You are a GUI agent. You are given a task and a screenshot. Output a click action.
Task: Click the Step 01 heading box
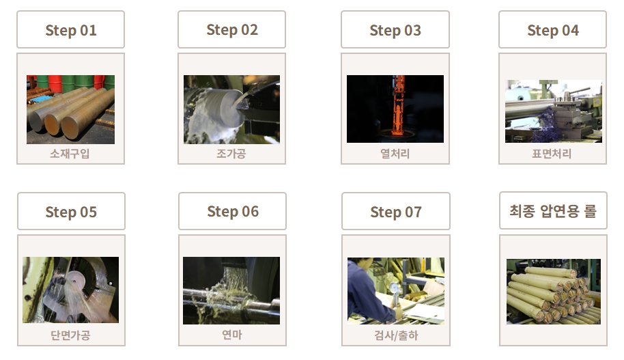[x=70, y=30]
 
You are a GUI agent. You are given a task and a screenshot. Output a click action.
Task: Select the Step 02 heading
[x=231, y=29]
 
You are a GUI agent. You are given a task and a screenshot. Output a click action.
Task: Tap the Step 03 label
[x=395, y=30]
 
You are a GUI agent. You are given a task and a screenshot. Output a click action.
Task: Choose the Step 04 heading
[x=553, y=30]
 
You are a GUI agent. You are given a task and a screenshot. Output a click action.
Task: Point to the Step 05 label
[x=71, y=212]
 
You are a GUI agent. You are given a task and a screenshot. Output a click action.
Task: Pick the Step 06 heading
[x=232, y=211]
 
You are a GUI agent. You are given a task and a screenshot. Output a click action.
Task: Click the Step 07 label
[x=395, y=212]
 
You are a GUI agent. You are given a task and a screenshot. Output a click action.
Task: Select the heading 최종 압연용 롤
[x=553, y=210]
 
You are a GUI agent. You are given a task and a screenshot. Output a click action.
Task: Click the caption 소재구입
[x=70, y=153]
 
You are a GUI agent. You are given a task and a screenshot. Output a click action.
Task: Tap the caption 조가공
[x=231, y=153]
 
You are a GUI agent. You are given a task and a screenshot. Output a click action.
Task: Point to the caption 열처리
[x=395, y=153]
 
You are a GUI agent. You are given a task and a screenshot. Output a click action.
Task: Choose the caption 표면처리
[x=552, y=153]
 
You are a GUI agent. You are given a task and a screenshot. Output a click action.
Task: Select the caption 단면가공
[x=70, y=335]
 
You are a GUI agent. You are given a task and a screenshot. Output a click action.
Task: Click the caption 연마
[x=232, y=335]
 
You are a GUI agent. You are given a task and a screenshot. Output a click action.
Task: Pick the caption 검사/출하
[x=396, y=335]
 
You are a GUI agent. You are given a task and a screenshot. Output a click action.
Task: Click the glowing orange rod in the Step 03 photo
[x=398, y=105]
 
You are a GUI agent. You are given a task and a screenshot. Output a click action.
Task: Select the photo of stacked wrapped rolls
[x=553, y=292]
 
